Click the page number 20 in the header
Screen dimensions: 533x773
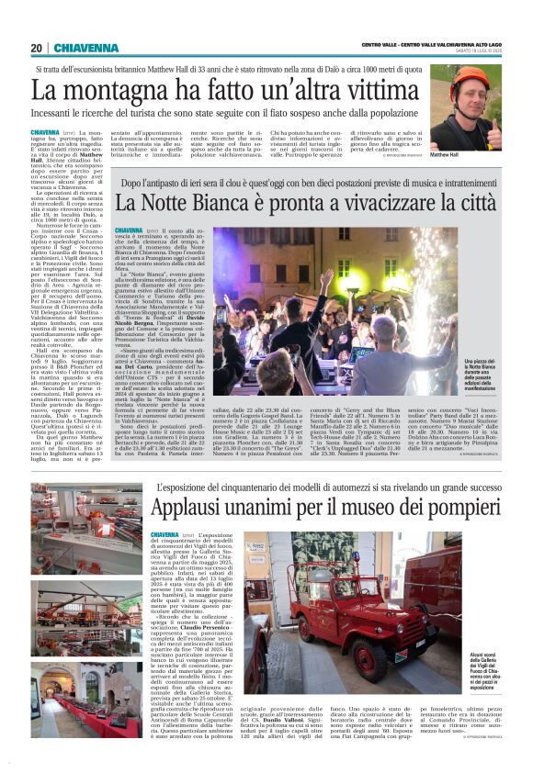[36, 49]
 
